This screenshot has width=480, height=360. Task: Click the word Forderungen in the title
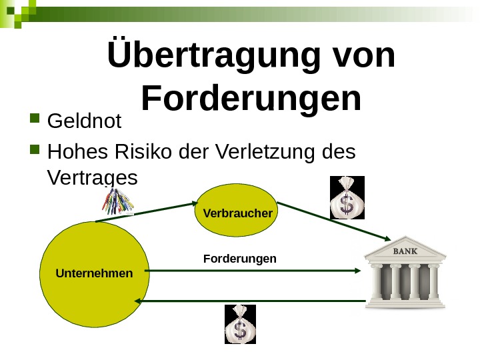point(251,99)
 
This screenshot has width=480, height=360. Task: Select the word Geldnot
point(85,121)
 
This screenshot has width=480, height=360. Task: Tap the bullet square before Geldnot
point(35,121)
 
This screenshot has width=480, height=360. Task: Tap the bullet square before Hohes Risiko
point(35,153)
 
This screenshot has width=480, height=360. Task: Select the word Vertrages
point(93,178)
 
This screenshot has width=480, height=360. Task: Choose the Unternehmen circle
point(94,273)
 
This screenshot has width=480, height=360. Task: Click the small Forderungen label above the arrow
point(239,258)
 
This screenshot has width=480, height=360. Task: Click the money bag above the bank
point(347,198)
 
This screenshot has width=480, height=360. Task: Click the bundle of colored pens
point(119,200)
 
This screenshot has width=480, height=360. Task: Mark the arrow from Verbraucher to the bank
point(333,221)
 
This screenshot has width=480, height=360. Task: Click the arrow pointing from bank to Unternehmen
point(253,301)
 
